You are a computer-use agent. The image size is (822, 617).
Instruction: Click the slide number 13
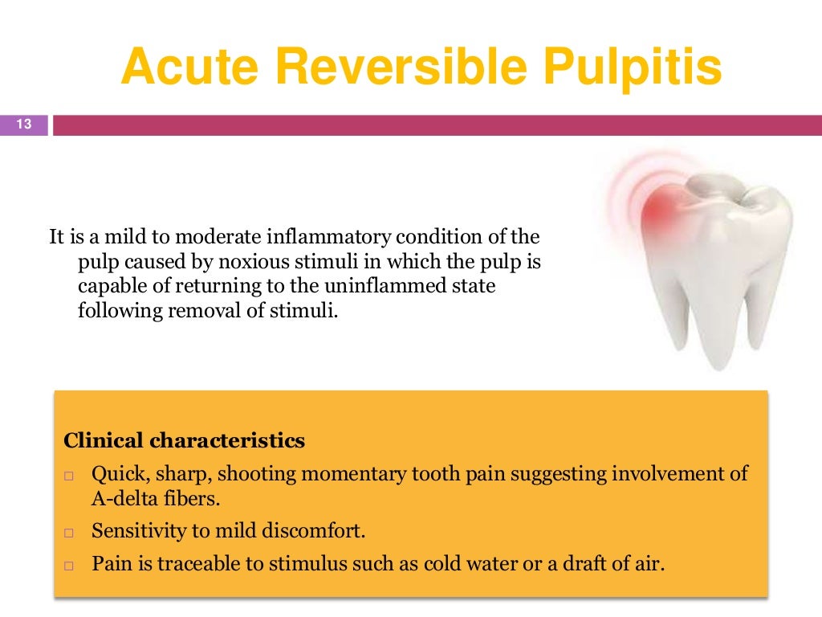point(23,125)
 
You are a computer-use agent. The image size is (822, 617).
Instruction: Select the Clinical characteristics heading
point(184,440)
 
